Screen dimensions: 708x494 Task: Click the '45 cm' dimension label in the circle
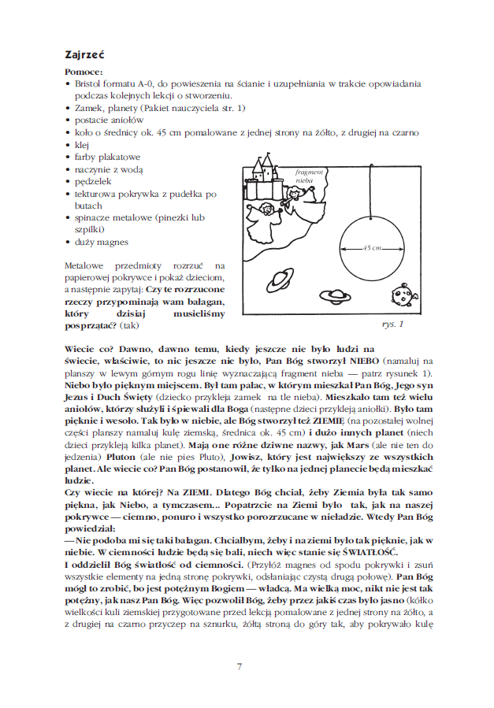tap(372, 248)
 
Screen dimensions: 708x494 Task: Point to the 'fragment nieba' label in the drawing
tap(305, 175)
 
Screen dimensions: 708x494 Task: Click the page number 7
tap(239, 667)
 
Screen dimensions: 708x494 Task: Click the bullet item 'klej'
tap(80, 146)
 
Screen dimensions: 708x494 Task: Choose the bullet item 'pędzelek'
tap(95, 180)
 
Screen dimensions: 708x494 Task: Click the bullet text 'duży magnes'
tap(101, 242)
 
